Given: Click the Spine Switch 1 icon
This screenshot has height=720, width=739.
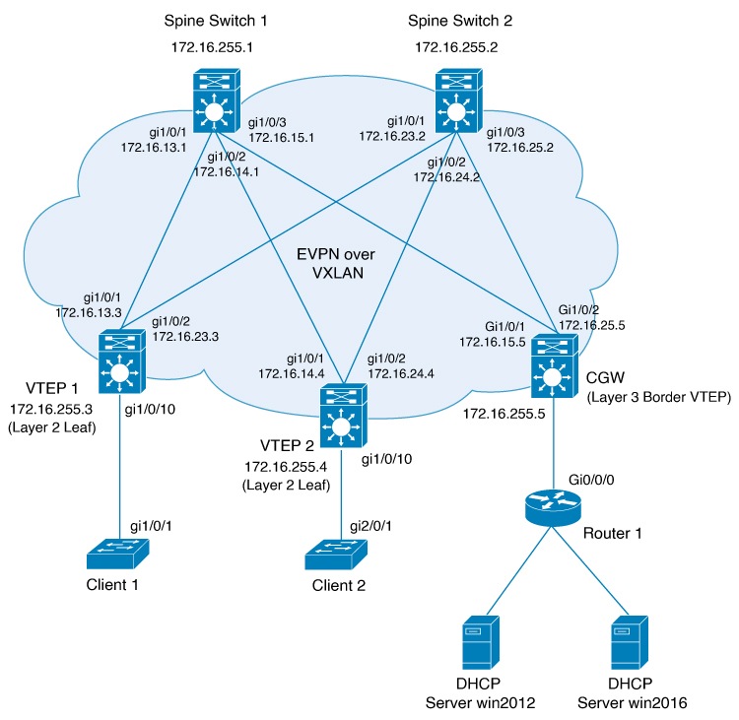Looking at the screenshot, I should point(213,103).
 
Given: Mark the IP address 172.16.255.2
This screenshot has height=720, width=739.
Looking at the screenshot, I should point(456,45).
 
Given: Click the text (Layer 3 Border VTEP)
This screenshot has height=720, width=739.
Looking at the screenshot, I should point(645,397).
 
